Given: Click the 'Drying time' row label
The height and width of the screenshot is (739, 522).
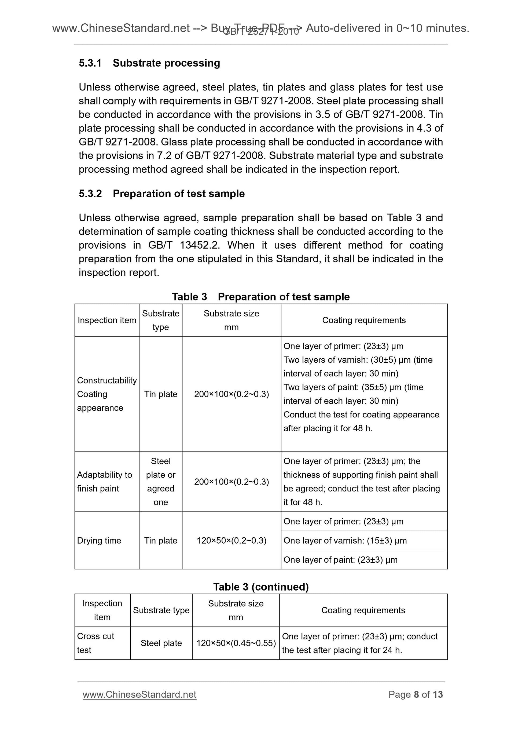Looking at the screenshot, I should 99,540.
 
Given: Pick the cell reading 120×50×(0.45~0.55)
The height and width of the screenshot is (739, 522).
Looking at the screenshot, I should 236,643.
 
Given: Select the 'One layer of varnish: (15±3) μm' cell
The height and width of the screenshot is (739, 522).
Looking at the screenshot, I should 345,540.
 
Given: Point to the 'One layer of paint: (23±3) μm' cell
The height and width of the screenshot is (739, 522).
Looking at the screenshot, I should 340,560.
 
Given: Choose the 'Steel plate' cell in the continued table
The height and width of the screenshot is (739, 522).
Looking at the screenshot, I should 161,643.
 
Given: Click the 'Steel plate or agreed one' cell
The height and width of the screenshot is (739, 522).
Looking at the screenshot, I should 160,482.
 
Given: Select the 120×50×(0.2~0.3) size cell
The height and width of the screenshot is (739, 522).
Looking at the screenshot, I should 231,540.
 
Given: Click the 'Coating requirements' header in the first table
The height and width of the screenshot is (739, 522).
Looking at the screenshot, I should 364,320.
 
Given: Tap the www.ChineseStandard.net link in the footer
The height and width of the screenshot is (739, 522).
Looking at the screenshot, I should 139,695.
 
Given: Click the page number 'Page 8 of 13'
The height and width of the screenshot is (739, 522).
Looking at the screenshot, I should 415,695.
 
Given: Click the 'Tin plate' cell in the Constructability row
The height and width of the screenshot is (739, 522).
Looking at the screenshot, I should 160,394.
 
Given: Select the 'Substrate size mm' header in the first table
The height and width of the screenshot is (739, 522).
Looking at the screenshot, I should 231,320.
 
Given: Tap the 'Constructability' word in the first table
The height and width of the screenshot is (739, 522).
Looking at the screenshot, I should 107,380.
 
